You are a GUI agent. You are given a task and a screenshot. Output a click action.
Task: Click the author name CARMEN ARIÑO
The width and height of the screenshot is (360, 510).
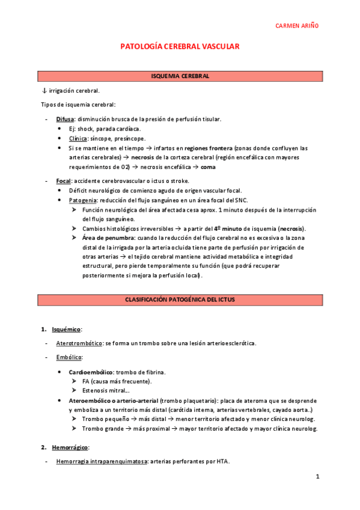297,26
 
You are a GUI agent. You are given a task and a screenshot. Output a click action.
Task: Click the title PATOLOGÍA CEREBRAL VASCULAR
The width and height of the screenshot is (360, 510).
180,46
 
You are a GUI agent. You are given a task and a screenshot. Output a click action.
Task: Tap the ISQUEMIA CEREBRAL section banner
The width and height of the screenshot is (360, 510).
180,76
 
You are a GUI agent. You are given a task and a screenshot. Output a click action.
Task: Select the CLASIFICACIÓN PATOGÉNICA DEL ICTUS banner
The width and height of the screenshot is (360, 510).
180,299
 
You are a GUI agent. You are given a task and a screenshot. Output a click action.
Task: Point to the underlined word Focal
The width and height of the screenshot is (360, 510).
63,181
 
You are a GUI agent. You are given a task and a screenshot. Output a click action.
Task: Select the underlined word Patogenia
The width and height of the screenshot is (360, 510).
85,200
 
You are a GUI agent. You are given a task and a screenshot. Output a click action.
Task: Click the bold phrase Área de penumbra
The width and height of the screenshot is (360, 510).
108,238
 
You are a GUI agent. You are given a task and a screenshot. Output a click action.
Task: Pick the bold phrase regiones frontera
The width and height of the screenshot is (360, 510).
210,148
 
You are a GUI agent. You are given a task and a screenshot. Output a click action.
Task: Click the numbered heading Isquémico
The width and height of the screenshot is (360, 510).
66,330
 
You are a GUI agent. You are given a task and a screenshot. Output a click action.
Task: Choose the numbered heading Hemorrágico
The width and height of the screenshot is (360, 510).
70,447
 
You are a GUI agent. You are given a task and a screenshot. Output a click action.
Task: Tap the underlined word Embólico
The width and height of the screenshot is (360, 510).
69,358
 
